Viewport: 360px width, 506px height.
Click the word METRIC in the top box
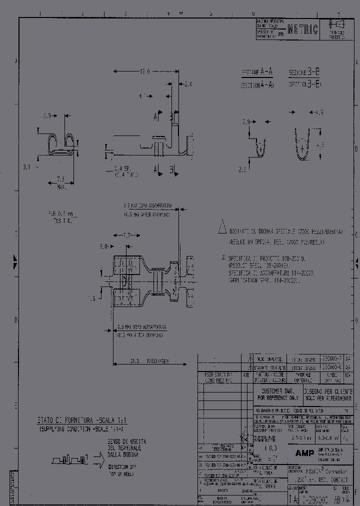click(x=303, y=31)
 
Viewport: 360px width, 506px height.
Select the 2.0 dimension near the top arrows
click(x=188, y=84)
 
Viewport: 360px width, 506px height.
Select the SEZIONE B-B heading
click(x=304, y=72)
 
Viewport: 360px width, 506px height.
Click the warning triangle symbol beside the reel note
click(x=222, y=229)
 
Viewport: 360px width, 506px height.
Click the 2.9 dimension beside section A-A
click(x=245, y=121)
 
